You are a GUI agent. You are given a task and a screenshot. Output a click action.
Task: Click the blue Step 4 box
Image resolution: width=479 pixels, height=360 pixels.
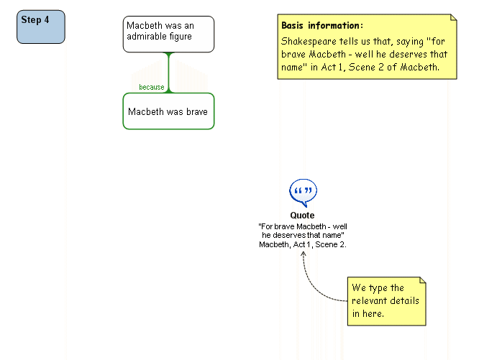click(40, 27)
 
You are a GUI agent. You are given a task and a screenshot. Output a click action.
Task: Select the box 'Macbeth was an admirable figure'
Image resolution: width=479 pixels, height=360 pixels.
click(168, 34)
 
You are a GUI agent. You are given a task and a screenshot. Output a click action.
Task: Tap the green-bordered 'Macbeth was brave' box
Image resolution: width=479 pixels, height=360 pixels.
click(168, 111)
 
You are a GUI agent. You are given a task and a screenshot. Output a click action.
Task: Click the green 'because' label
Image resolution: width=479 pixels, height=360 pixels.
click(152, 88)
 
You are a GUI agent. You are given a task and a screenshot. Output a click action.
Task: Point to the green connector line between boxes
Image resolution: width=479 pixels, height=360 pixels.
click(168, 72)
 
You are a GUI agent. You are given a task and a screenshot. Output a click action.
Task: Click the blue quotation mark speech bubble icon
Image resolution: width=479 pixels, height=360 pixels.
click(303, 193)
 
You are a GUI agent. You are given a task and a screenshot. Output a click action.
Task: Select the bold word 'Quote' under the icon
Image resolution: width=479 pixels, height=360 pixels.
click(302, 216)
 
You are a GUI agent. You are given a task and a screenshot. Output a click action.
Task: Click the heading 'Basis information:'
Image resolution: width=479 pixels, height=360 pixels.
click(322, 25)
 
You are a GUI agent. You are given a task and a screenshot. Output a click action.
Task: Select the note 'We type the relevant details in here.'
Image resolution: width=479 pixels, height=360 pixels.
click(386, 301)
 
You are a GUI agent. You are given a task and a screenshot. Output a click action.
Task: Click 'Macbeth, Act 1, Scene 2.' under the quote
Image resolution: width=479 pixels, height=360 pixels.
click(303, 244)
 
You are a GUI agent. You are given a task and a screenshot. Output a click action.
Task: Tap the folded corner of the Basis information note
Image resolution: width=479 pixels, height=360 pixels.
click(452, 18)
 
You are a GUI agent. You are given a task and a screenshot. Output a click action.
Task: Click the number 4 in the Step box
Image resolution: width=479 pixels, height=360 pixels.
click(47, 20)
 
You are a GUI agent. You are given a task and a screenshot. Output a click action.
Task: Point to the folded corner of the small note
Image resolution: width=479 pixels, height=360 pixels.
click(421, 281)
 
